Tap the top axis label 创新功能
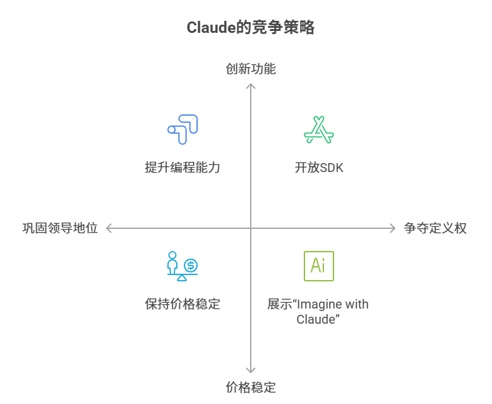click(x=251, y=68)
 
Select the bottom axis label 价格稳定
click(x=251, y=387)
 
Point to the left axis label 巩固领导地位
click(x=60, y=228)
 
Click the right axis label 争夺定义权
click(x=435, y=228)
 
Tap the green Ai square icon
click(x=318, y=266)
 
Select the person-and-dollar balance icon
click(x=183, y=266)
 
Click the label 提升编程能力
click(x=183, y=168)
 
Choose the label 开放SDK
click(x=319, y=168)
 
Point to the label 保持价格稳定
click(x=183, y=303)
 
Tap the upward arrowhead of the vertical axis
click(x=251, y=85)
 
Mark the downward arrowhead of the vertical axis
click(x=251, y=370)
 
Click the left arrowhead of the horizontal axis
click(x=109, y=228)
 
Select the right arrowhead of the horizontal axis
click(x=393, y=228)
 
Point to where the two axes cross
click(x=251, y=228)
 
